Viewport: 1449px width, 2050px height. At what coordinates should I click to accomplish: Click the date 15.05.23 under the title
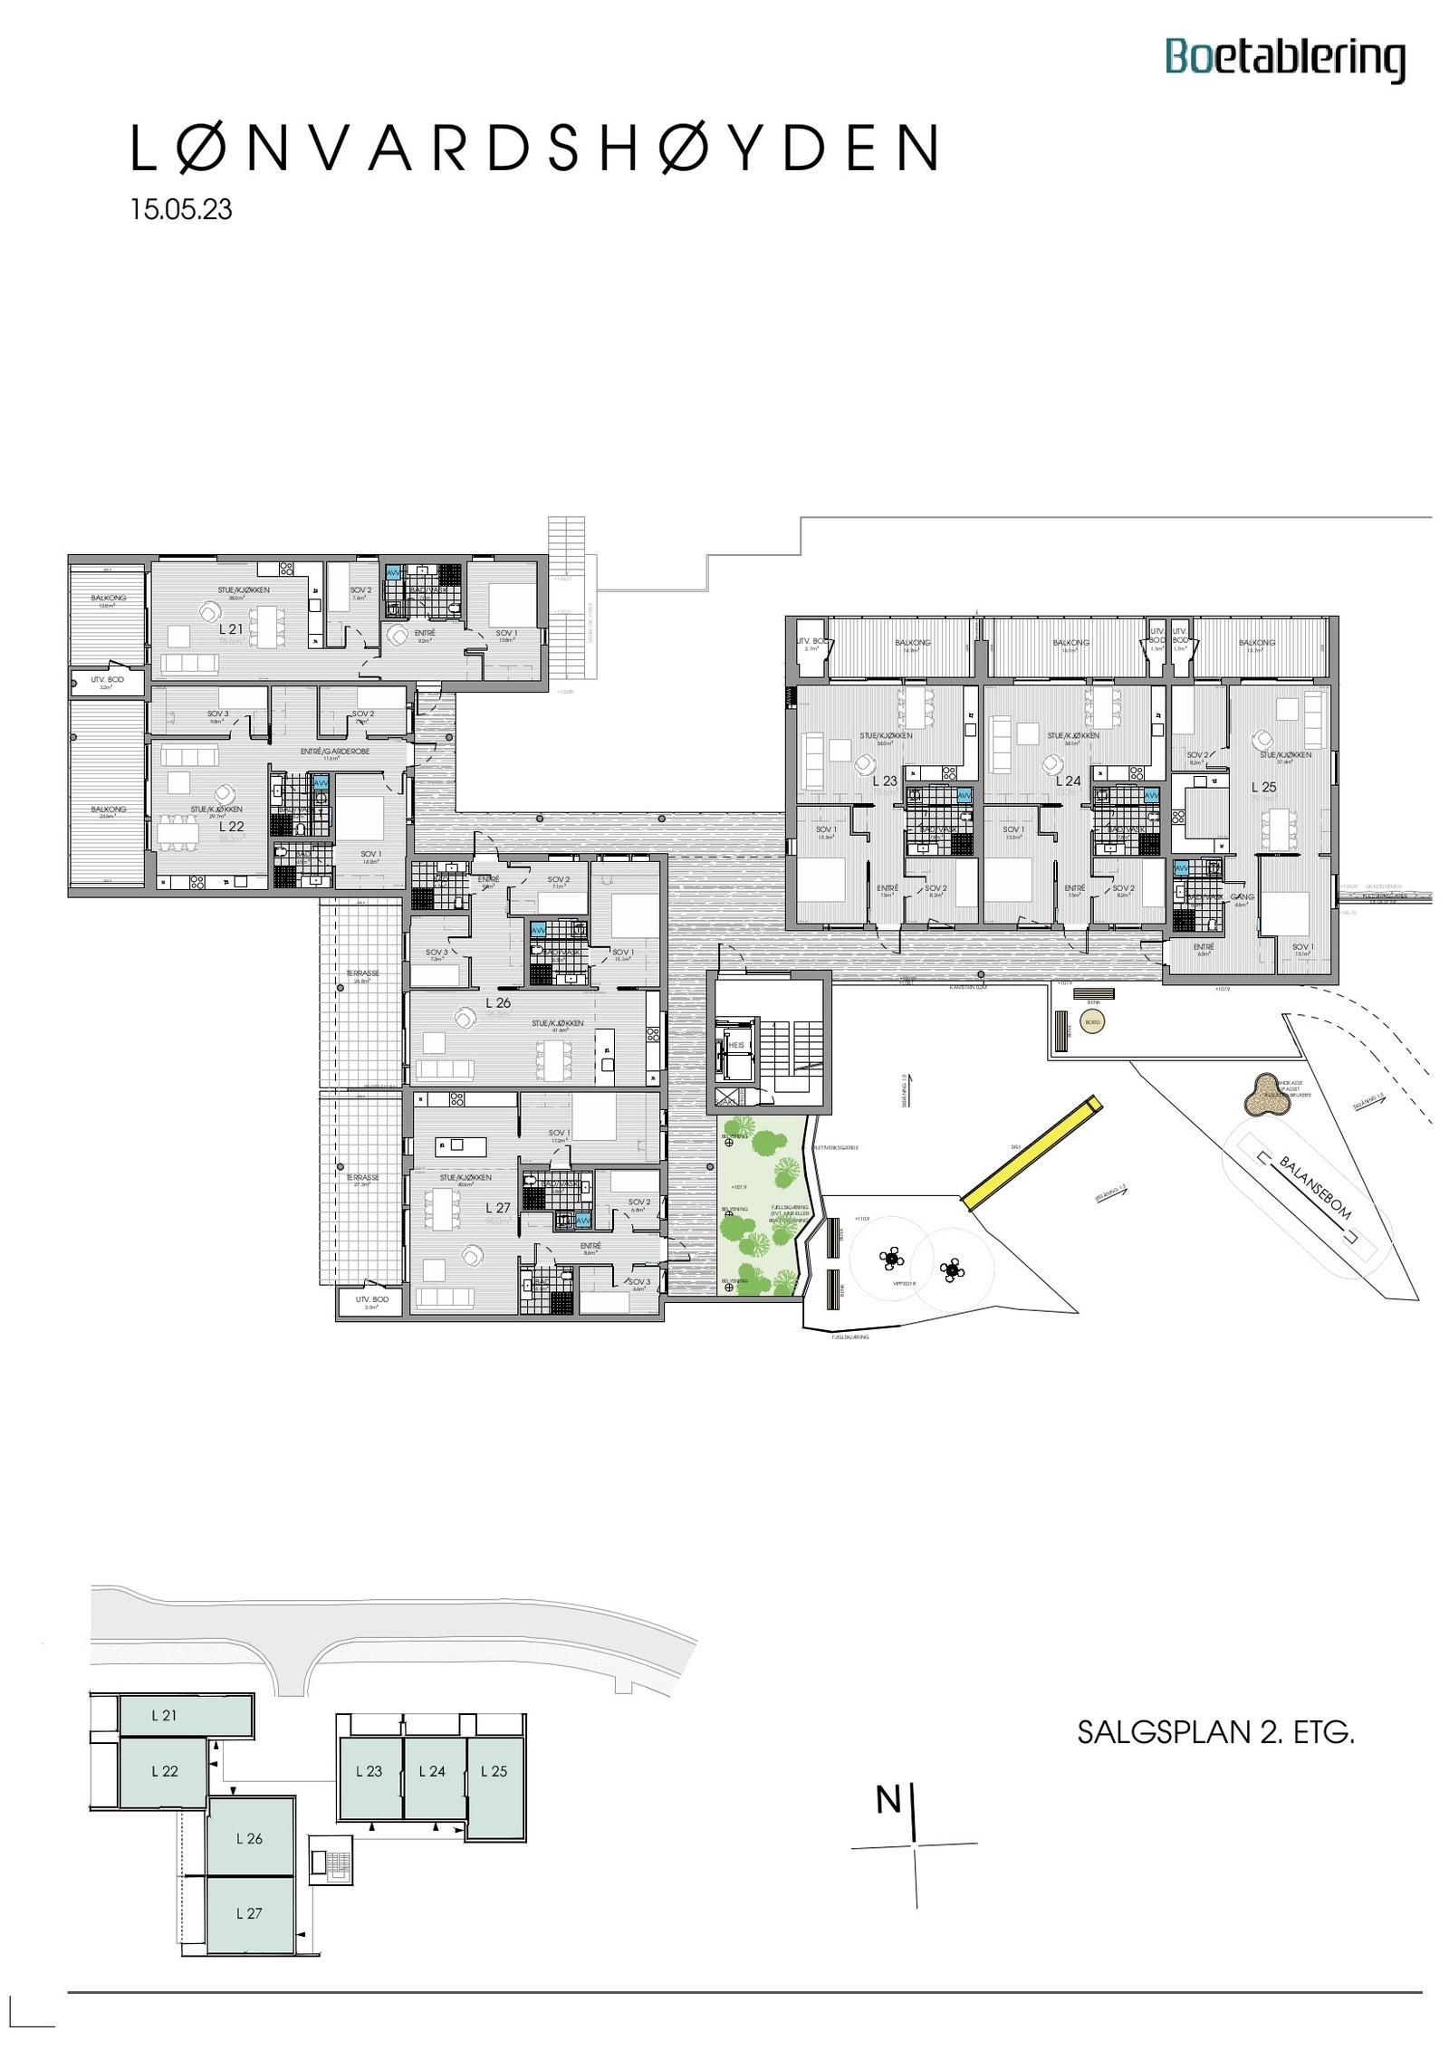[181, 209]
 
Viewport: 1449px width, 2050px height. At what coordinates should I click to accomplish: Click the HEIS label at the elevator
[735, 1045]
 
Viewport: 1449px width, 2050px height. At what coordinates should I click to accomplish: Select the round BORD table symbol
[1092, 1022]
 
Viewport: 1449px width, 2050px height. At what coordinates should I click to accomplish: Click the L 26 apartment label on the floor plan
[497, 1002]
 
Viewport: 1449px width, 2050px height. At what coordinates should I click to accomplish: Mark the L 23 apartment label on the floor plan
[885, 781]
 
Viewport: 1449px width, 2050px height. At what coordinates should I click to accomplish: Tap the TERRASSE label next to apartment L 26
[362, 973]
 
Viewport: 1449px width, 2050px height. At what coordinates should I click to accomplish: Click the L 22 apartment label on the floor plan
[231, 826]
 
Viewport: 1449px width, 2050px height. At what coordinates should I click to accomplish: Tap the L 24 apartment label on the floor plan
[1069, 781]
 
